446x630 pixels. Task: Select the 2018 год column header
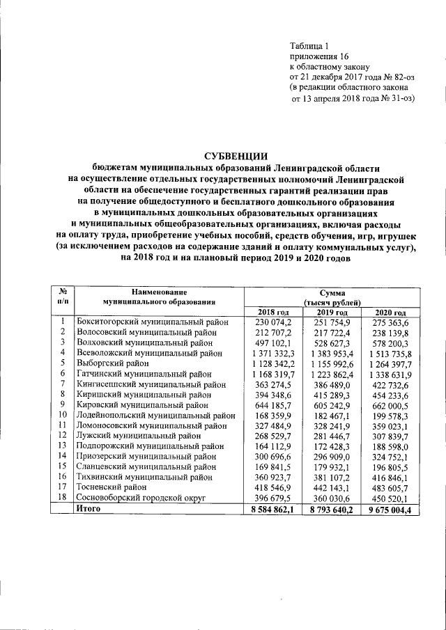click(x=274, y=311)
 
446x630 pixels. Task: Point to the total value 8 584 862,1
click(x=274, y=509)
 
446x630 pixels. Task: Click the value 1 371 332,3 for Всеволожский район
click(x=274, y=354)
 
